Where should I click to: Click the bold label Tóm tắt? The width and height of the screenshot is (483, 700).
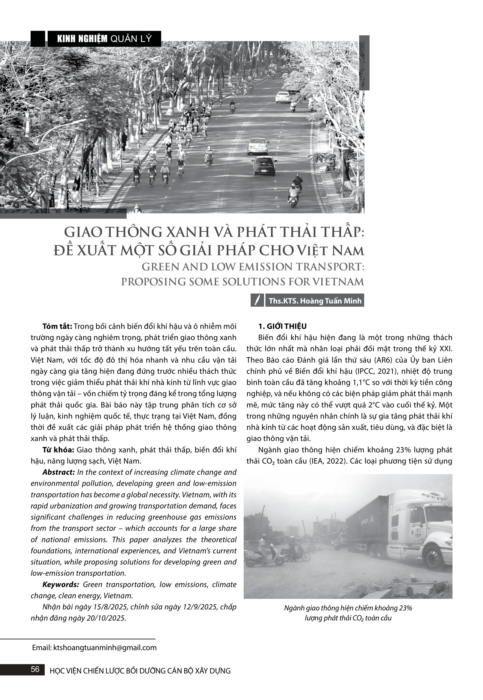tap(57, 326)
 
